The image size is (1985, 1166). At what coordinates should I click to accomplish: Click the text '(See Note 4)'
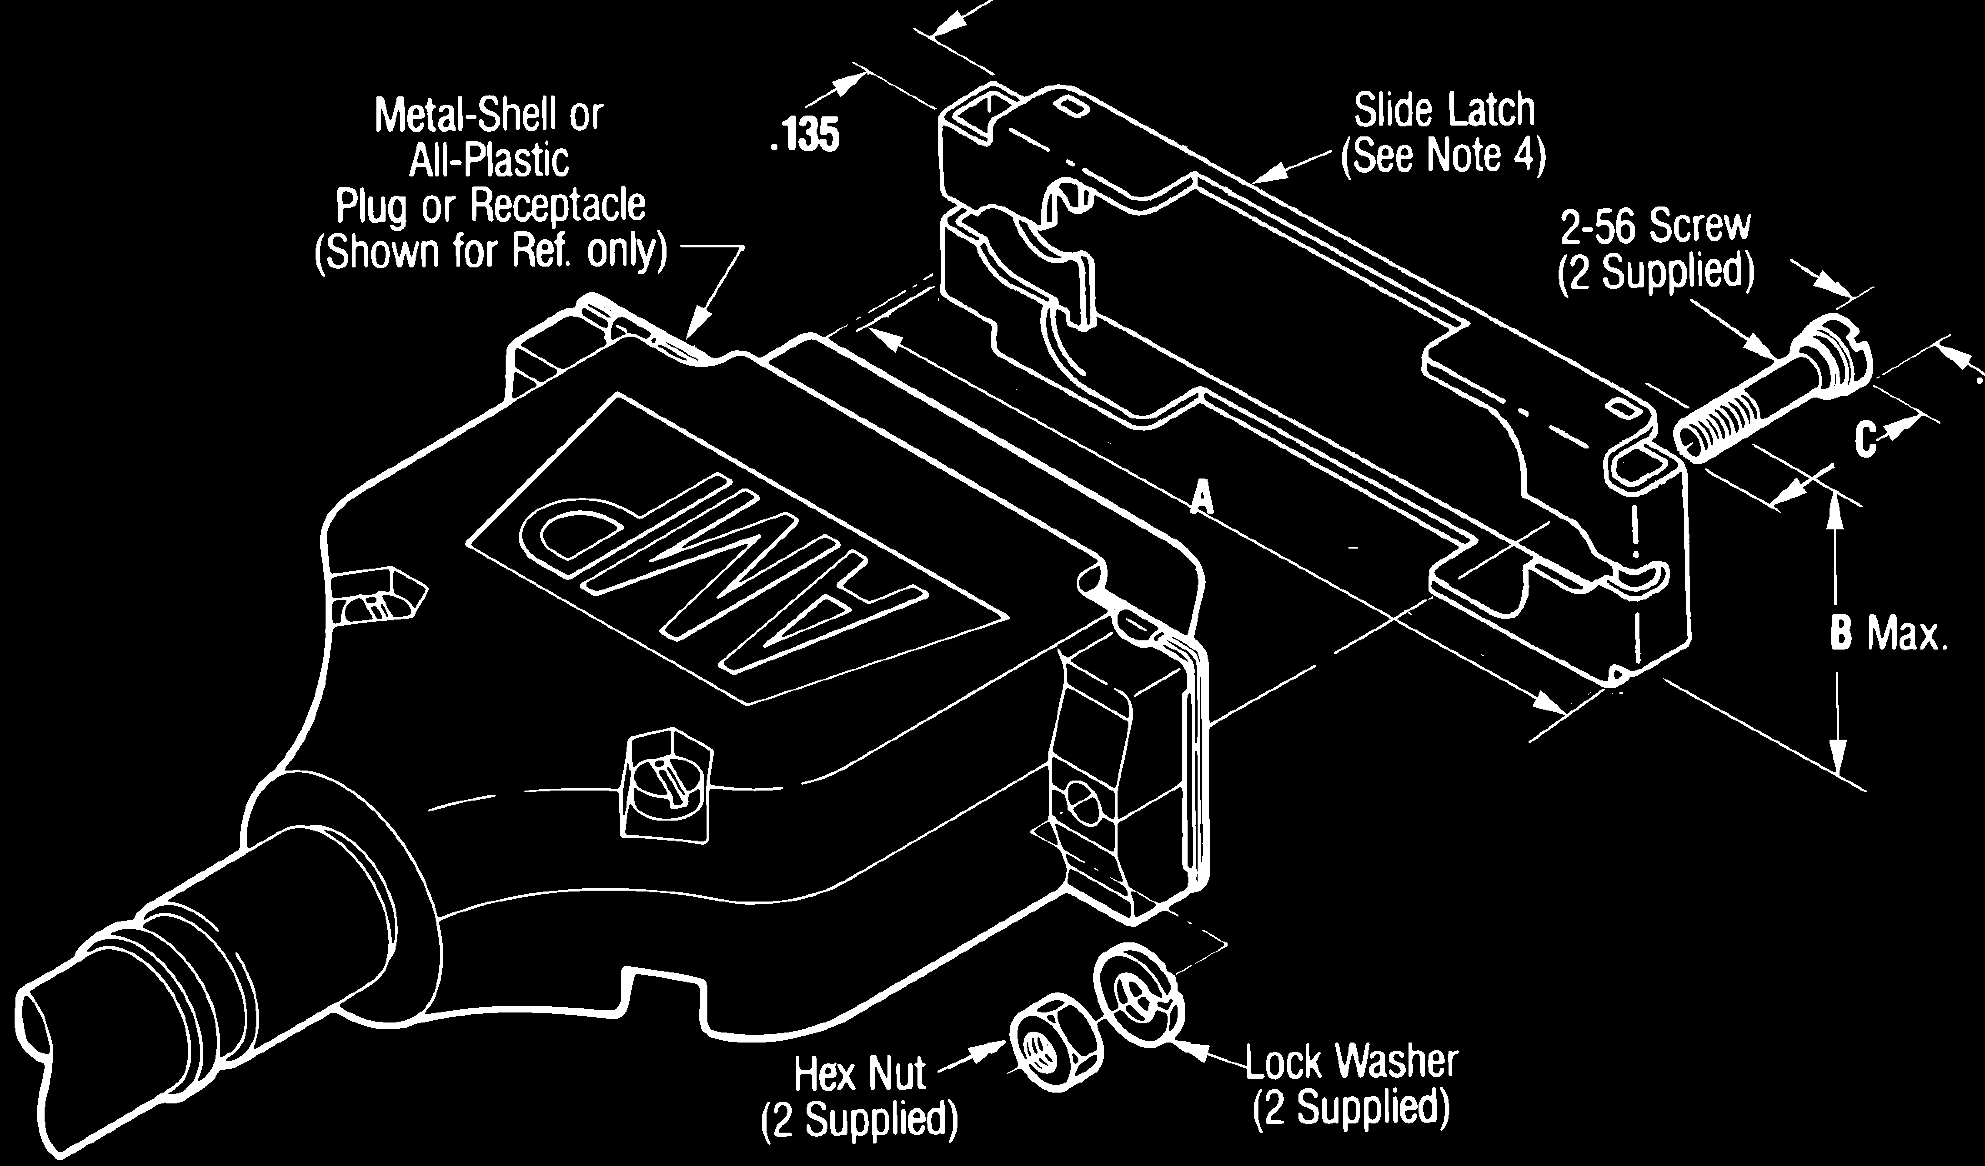click(1444, 155)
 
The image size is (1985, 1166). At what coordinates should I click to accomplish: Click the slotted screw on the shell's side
click(666, 788)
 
